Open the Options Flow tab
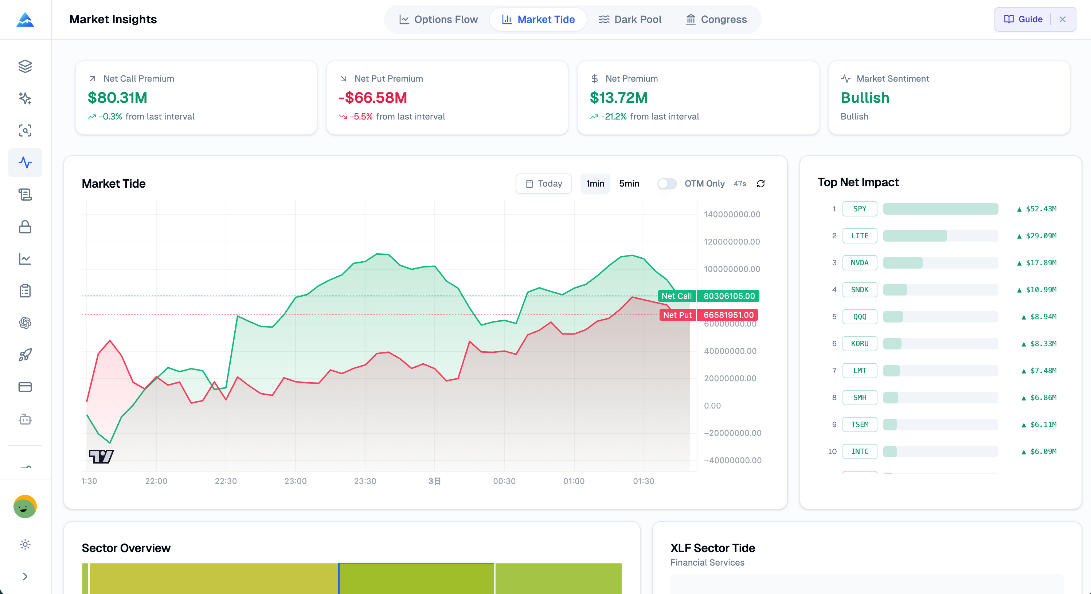point(438,19)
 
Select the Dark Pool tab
point(630,19)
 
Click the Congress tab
point(716,19)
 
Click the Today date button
point(543,183)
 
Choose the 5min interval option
point(629,183)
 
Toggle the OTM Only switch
point(666,183)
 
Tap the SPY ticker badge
point(859,209)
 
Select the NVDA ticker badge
point(859,263)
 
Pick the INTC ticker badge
point(859,452)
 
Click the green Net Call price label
point(708,296)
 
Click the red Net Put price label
point(708,315)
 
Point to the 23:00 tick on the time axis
point(295,481)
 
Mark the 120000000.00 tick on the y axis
point(731,242)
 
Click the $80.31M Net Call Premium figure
point(117,98)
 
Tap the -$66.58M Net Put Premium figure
point(373,98)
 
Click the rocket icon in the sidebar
point(25,355)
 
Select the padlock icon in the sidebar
point(25,227)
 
